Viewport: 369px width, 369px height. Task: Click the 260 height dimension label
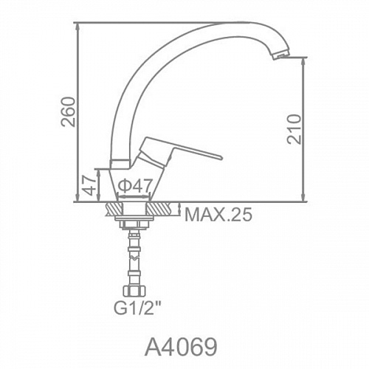pyautogui.click(x=68, y=112)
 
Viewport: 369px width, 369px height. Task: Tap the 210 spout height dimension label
pyautogui.click(x=294, y=129)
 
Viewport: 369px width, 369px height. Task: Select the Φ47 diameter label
pyautogui.click(x=134, y=185)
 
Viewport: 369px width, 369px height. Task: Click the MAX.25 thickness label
pyautogui.click(x=218, y=214)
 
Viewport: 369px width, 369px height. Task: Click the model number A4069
pyautogui.click(x=181, y=347)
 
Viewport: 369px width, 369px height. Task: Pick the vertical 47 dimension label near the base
pyautogui.click(x=89, y=185)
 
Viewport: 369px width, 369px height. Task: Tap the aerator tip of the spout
pyautogui.click(x=280, y=55)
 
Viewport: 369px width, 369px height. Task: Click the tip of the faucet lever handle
pyautogui.click(x=221, y=157)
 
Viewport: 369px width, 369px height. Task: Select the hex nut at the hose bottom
pyautogui.click(x=134, y=291)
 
